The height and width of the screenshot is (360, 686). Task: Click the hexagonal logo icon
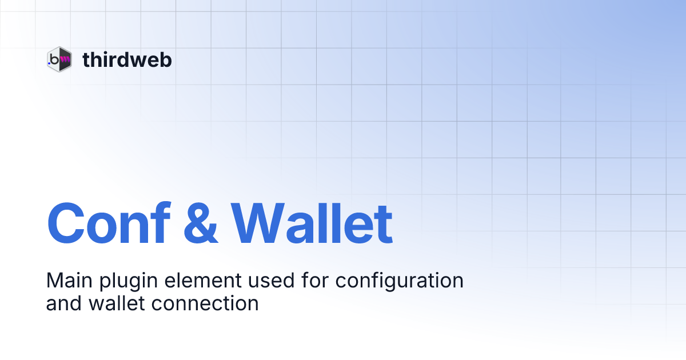[59, 59]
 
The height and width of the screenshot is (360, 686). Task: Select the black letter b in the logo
[55, 58]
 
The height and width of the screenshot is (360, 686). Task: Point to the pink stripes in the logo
[65, 58]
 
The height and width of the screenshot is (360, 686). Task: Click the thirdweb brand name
[127, 59]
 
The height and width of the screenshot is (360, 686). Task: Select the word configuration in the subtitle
[399, 282]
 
